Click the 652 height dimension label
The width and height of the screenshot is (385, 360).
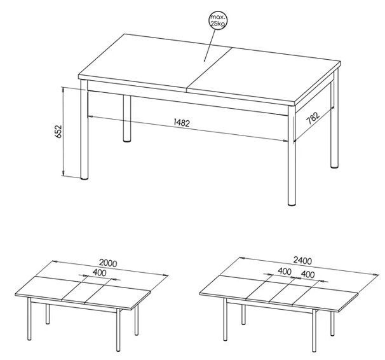pos(59,132)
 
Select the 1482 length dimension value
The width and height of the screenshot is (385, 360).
pos(182,122)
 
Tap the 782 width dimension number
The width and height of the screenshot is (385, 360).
pos(313,118)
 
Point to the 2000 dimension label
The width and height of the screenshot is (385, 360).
pos(108,263)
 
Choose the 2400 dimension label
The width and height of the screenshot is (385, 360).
pos(302,261)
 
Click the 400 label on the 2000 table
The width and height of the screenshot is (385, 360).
pos(100,273)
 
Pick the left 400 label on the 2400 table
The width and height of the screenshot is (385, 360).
pos(285,272)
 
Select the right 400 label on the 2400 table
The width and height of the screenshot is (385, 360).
pos(307,274)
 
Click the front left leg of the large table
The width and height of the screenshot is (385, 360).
pos(84,130)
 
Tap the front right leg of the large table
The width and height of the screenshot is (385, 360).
pos(292,156)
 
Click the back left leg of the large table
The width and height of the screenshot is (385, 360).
pos(127,119)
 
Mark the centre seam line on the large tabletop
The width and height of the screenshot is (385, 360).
pos(209,69)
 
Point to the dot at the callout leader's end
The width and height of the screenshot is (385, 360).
pos(205,60)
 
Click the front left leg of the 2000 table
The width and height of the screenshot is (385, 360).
pos(29,319)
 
